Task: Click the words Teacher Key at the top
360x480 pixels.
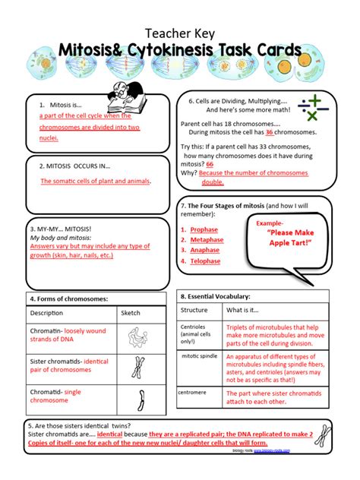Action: [x=179, y=33]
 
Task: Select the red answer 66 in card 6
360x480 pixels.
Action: [x=210, y=164]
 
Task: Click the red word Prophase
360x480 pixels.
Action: [x=204, y=229]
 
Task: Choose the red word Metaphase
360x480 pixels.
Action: [x=207, y=239]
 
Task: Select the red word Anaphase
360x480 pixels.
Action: [x=205, y=250]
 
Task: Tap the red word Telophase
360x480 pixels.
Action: [x=205, y=261]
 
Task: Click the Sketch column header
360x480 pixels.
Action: [x=131, y=312]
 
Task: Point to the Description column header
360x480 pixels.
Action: [x=47, y=312]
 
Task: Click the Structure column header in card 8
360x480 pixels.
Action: [x=194, y=310]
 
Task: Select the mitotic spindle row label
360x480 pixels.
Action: [x=199, y=357]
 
